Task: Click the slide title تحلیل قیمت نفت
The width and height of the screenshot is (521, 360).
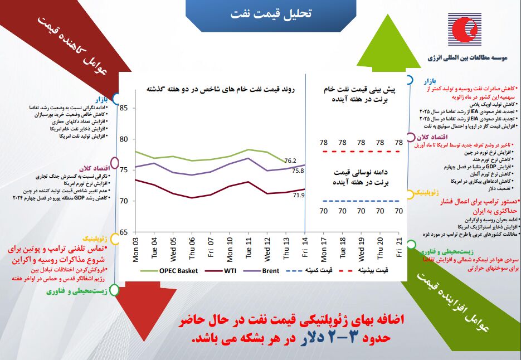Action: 271,14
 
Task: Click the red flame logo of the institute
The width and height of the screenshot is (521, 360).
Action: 464,32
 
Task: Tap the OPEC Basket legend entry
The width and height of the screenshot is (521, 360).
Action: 176,270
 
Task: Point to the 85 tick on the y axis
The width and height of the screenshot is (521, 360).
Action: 124,108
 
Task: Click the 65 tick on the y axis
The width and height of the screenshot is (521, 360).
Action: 124,232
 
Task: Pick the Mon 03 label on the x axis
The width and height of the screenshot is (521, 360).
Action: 136,247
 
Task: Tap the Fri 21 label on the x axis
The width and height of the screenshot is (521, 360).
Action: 399,246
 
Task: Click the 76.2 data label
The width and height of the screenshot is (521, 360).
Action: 290,161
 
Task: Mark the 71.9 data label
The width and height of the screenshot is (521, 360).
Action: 298,195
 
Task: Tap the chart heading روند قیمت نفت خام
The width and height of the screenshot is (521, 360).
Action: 221,89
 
